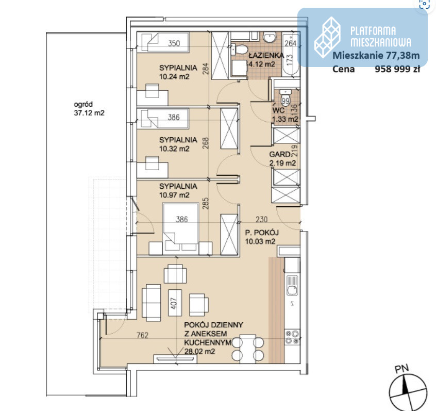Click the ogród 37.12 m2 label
tap(89, 108)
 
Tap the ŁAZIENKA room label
tap(266, 55)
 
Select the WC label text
tap(278, 110)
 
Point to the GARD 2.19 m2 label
tap(282, 159)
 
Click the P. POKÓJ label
tap(262, 233)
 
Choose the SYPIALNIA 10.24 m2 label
tap(178, 72)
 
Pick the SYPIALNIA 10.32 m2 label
tap(178, 144)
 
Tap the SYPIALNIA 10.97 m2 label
tap(178, 191)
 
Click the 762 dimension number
tap(142, 335)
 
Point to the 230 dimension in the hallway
tap(261, 220)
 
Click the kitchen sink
tap(292, 286)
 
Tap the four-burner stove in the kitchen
tap(292, 337)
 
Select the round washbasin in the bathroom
tap(270, 38)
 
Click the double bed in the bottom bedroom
tap(181, 227)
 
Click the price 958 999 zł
tap(397, 69)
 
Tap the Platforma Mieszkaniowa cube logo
tap(328, 37)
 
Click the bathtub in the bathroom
tap(291, 54)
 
